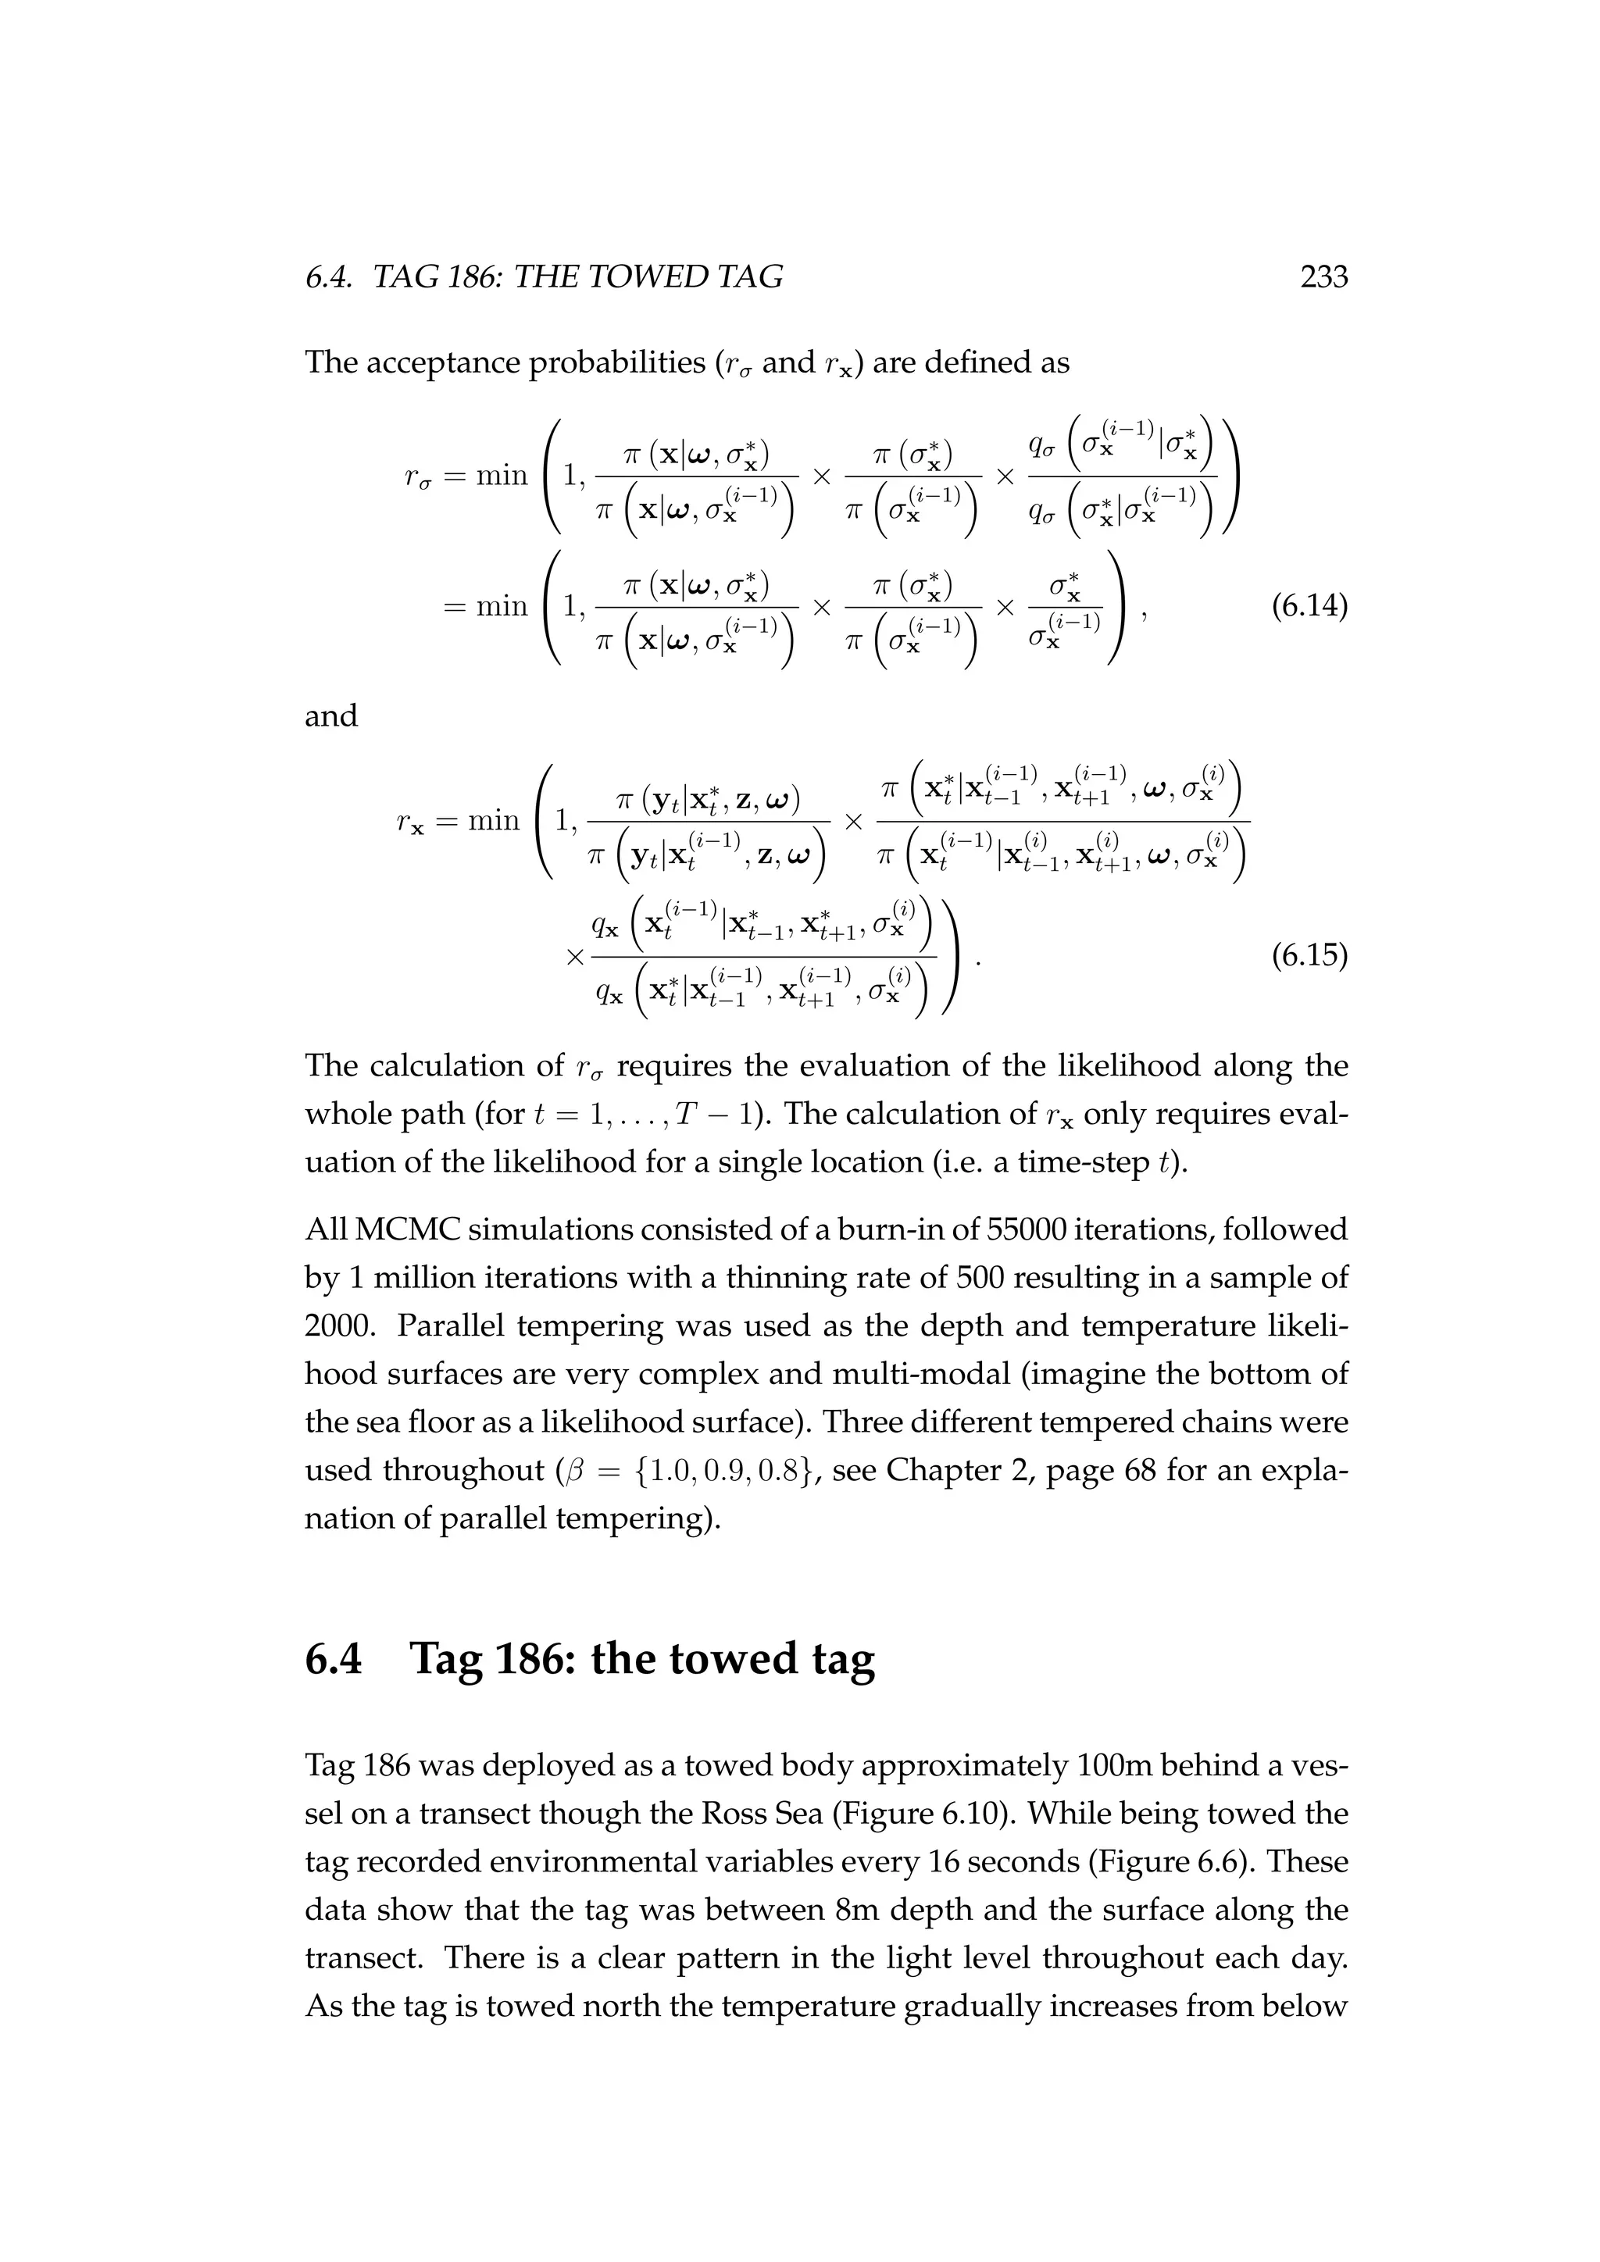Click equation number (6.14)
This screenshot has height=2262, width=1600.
click(1309, 606)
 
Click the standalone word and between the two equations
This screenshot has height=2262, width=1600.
click(331, 715)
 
